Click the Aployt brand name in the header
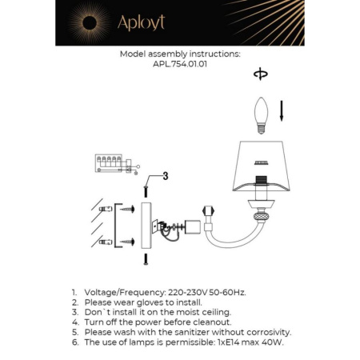pyautogui.click(x=141, y=23)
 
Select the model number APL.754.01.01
pyautogui.click(x=179, y=66)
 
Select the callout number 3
pyautogui.click(x=164, y=176)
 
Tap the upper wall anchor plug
pyautogui.click(x=103, y=209)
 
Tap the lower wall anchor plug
pyautogui.click(x=103, y=241)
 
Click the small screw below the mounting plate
pyautogui.click(x=146, y=258)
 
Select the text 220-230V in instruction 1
pyautogui.click(x=186, y=294)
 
